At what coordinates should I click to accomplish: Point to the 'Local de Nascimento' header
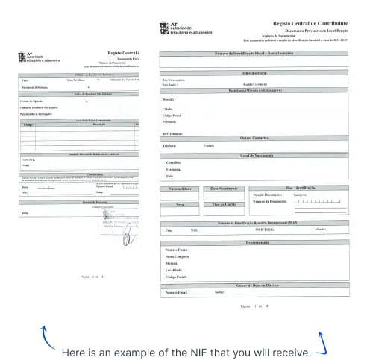pyautogui.click(x=255, y=154)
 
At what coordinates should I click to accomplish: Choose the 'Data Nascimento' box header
pyautogui.click(x=225, y=189)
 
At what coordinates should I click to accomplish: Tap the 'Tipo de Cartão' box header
pyautogui.click(x=225, y=203)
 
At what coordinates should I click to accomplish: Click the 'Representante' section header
pyautogui.click(x=255, y=242)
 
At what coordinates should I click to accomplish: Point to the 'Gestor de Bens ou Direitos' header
pyautogui.click(x=255, y=285)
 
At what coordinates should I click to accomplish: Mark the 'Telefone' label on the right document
pyautogui.click(x=169, y=146)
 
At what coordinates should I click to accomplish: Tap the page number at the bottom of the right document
pyautogui.click(x=254, y=306)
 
